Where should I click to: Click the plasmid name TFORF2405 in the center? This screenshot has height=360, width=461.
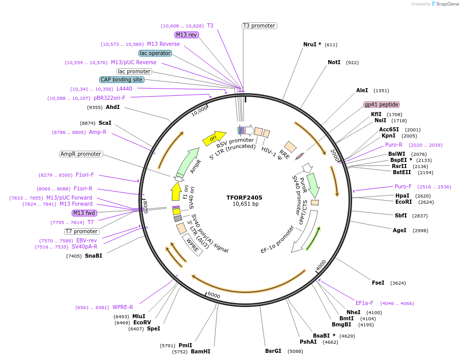[244, 197]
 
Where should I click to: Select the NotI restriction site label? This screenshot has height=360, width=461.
[334, 62]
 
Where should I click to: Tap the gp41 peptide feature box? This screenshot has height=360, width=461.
[381, 104]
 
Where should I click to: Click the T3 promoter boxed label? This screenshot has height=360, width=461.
[259, 25]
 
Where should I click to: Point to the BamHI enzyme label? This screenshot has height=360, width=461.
[200, 351]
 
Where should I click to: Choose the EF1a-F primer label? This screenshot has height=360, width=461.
[364, 303]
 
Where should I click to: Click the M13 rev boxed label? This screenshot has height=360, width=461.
[186, 35]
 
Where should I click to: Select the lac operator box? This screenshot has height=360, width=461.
[155, 53]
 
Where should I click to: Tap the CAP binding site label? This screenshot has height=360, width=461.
[122, 79]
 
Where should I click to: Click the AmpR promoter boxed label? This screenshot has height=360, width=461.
[81, 154]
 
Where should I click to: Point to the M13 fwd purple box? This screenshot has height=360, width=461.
[84, 213]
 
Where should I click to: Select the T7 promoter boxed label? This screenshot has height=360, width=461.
[82, 231]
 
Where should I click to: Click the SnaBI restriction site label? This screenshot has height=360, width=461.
[93, 256]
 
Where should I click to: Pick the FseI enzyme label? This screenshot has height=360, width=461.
[378, 283]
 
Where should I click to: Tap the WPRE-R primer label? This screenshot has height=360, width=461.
[123, 307]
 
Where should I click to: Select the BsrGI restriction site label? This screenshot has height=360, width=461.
[273, 351]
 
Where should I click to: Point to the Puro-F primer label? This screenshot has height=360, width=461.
[403, 186]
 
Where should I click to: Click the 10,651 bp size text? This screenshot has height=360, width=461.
[245, 204]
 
